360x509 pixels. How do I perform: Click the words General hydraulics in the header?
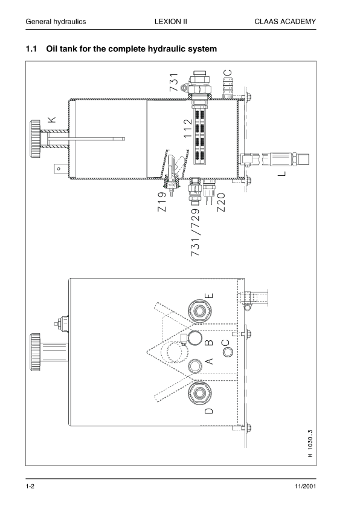[x=56, y=21]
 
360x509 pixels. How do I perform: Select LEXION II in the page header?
[x=171, y=21]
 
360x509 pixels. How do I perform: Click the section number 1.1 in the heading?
[x=33, y=48]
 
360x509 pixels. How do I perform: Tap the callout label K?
[x=52, y=120]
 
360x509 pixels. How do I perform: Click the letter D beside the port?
[x=209, y=411]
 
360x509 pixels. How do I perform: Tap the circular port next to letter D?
[x=198, y=394]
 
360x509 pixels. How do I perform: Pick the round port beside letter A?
[x=196, y=366]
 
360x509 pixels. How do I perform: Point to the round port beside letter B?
[x=196, y=338]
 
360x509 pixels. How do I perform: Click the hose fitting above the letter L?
[x=277, y=160]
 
